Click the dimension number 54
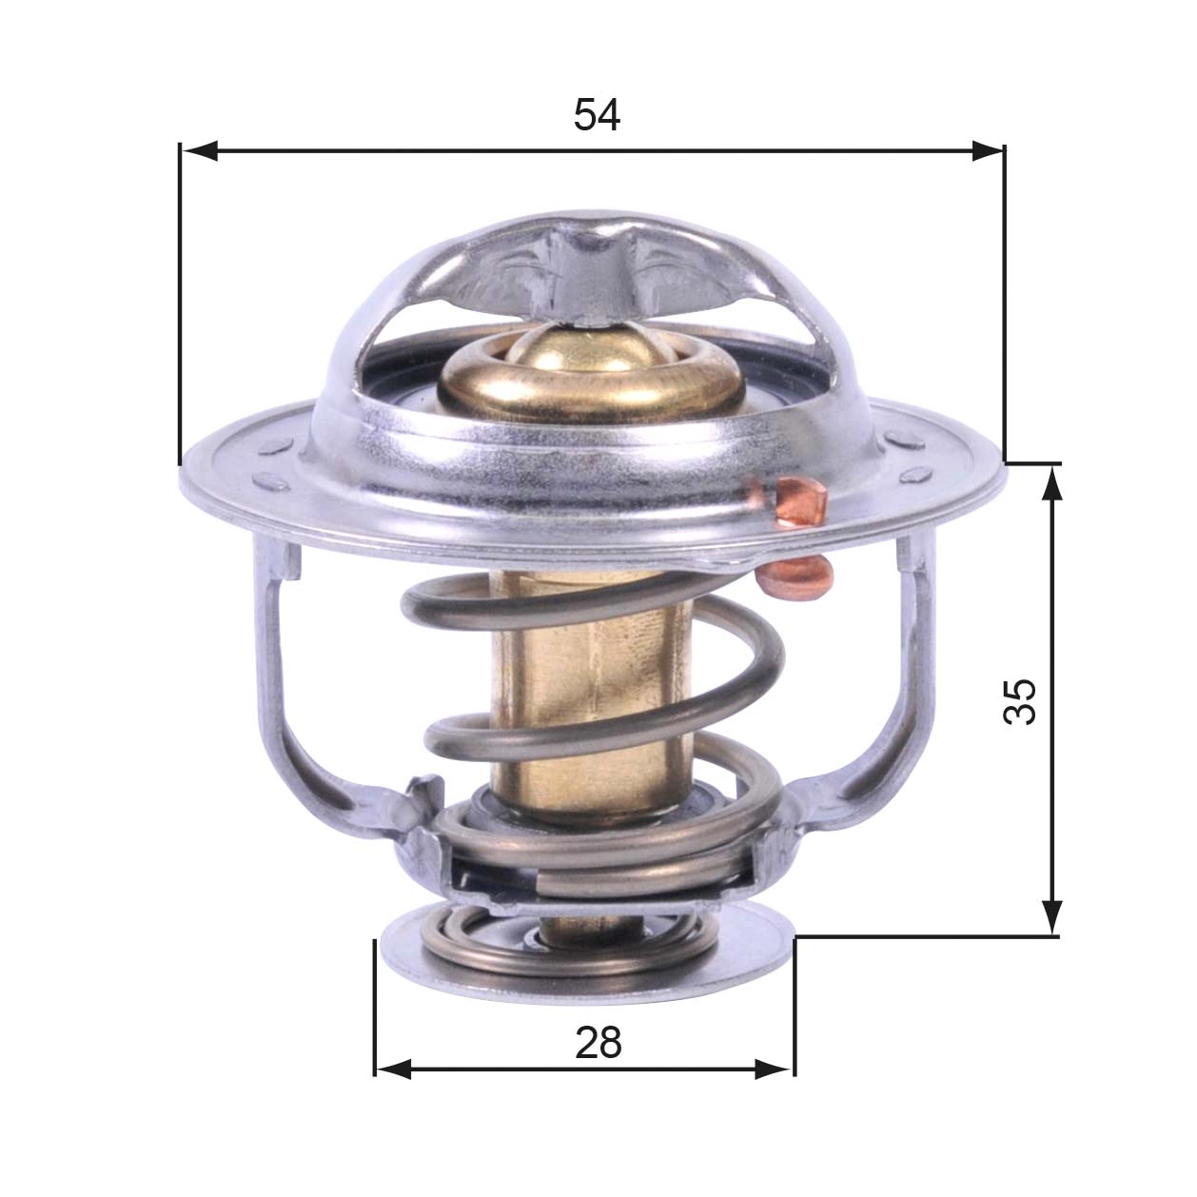[597, 115]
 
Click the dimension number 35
[1020, 701]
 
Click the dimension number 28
[598, 1043]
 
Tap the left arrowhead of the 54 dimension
[198, 150]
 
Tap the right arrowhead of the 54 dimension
[988, 150]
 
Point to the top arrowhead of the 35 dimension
[1051, 481]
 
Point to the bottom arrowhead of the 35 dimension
[1051, 919]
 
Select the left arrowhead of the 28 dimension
[392, 1069]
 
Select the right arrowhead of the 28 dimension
[775, 1069]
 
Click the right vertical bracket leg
[915, 666]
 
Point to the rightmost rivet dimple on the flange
[919, 473]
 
